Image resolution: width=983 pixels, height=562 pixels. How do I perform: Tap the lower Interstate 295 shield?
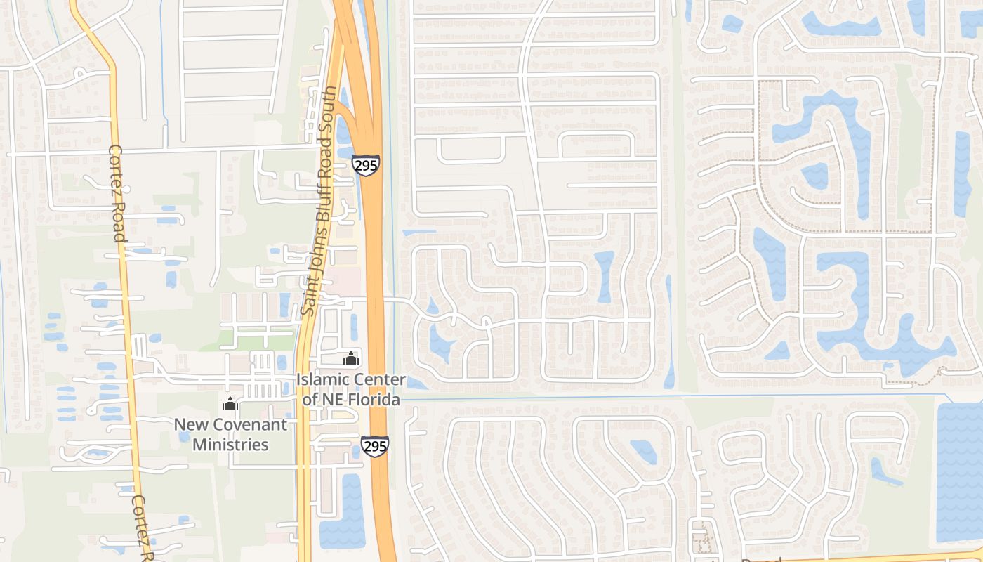tap(375, 445)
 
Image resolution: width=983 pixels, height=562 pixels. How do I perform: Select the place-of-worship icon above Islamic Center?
tap(351, 359)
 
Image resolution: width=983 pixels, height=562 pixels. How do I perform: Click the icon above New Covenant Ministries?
tap(230, 404)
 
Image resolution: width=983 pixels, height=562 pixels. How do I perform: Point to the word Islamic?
tap(322, 380)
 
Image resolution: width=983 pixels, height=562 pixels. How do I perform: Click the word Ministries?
tap(230, 445)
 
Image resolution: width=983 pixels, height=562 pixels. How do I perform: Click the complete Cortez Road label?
tap(117, 192)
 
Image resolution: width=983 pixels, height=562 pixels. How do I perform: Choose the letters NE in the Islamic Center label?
tap(329, 400)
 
